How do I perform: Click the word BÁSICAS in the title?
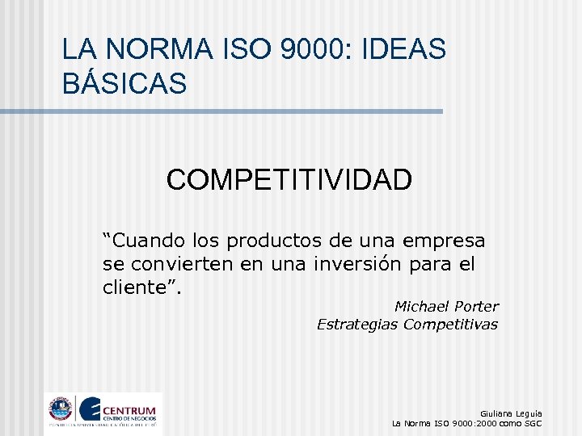[124, 82]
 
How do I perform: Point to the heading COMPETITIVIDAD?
[289, 179]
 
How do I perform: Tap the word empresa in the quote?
[447, 241]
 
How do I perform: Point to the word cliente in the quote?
[137, 287]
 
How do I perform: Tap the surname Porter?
[477, 307]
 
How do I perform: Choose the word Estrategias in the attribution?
[357, 325]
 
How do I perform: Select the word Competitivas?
[450, 325]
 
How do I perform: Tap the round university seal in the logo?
[61, 409]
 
